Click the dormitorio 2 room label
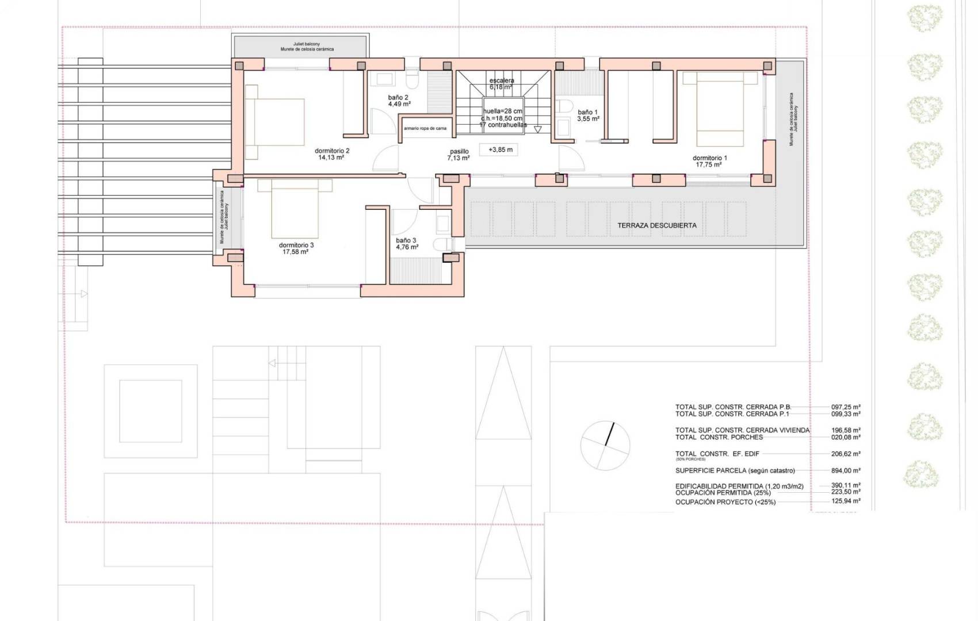[332, 151]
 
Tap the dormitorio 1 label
[709, 158]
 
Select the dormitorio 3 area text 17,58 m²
[296, 252]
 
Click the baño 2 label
[398, 98]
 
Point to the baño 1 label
[587, 113]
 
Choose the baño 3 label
[406, 240]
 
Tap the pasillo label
[459, 152]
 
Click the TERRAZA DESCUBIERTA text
[656, 225]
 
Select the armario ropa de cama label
[425, 128]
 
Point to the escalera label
[501, 81]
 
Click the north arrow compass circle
[605, 446]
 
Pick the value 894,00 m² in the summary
[845, 470]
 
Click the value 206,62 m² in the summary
[845, 454]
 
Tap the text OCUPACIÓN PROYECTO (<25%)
[725, 502]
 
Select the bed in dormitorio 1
[720, 113]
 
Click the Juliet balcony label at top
[307, 44]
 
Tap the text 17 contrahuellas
[502, 125]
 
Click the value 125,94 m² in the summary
[845, 501]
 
